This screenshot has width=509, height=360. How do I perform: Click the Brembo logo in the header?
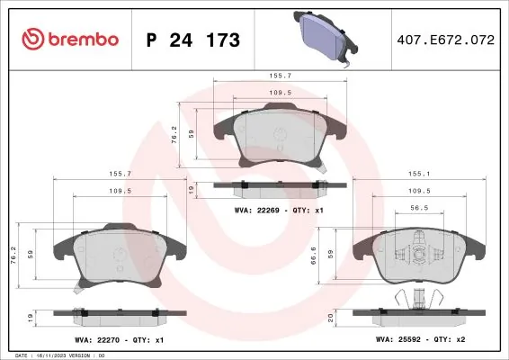click(70, 39)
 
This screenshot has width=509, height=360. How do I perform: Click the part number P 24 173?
click(193, 40)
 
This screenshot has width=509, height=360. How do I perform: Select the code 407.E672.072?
click(446, 40)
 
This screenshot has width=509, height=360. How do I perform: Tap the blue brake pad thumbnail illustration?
click(326, 39)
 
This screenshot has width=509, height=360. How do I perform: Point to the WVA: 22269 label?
click(256, 211)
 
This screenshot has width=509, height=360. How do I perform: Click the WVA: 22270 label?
click(97, 340)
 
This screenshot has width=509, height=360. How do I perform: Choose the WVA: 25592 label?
click(398, 339)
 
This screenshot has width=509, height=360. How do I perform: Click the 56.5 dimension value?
click(419, 208)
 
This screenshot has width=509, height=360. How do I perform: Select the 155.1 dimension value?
click(419, 174)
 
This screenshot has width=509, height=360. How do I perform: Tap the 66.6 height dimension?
click(314, 256)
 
